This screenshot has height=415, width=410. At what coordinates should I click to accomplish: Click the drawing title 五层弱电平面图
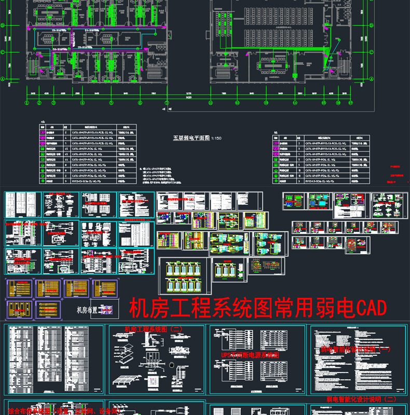(x=190, y=139)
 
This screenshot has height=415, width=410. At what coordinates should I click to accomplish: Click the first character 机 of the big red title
(x=138, y=309)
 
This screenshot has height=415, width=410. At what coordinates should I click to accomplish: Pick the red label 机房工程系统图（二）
(x=154, y=329)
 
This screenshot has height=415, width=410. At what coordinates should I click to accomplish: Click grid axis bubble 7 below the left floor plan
(x=167, y=103)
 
